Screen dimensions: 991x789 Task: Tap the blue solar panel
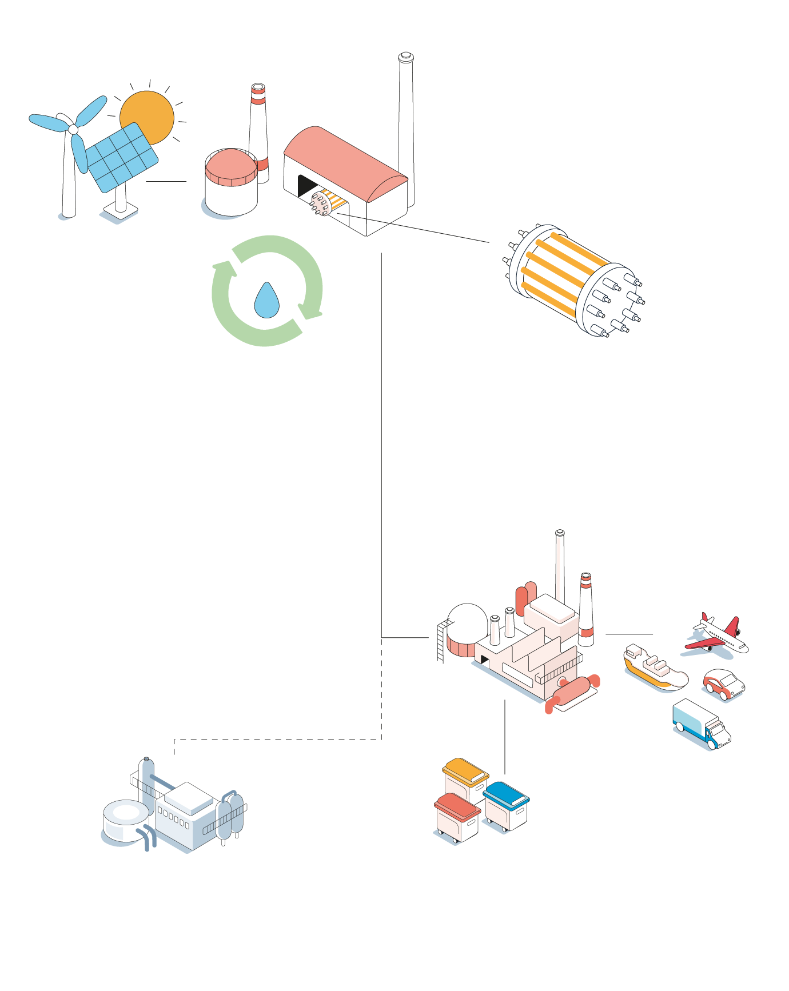click(121, 158)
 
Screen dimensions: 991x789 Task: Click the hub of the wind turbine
click(73, 130)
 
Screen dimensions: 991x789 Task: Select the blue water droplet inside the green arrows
click(266, 301)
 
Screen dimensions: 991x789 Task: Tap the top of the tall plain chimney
click(405, 57)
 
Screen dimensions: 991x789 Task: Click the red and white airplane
click(718, 634)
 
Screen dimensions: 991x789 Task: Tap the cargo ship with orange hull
click(655, 669)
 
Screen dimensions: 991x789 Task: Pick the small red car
click(723, 684)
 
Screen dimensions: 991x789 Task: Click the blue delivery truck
click(701, 723)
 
